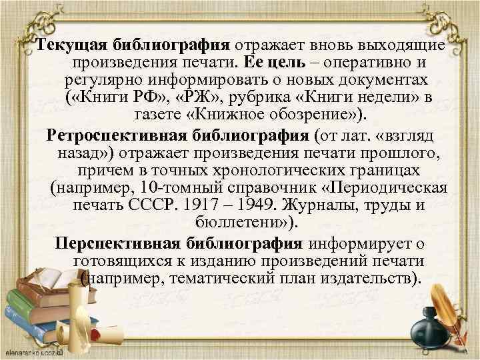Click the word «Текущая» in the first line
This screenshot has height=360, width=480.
[x=64, y=45]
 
